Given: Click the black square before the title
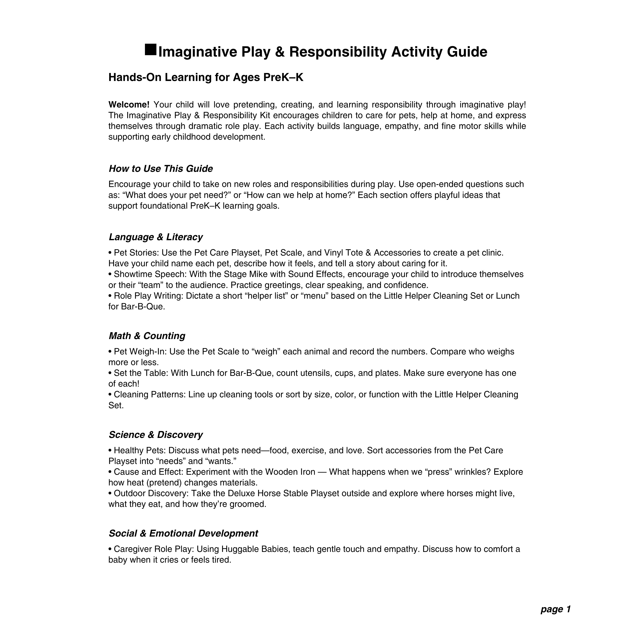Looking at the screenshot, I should click(151, 50).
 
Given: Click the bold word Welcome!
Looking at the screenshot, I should click(129, 105).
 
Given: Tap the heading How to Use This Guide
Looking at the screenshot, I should click(161, 169).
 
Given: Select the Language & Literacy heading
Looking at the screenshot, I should click(156, 237).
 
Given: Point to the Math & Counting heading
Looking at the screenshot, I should click(147, 336).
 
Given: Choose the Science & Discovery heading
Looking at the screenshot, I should click(156, 435).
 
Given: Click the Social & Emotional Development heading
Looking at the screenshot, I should click(183, 534).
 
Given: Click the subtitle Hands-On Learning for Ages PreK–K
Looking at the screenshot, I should click(206, 78).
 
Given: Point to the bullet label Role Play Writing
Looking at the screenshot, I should click(149, 296).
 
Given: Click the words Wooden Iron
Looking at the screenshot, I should click(290, 472).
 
